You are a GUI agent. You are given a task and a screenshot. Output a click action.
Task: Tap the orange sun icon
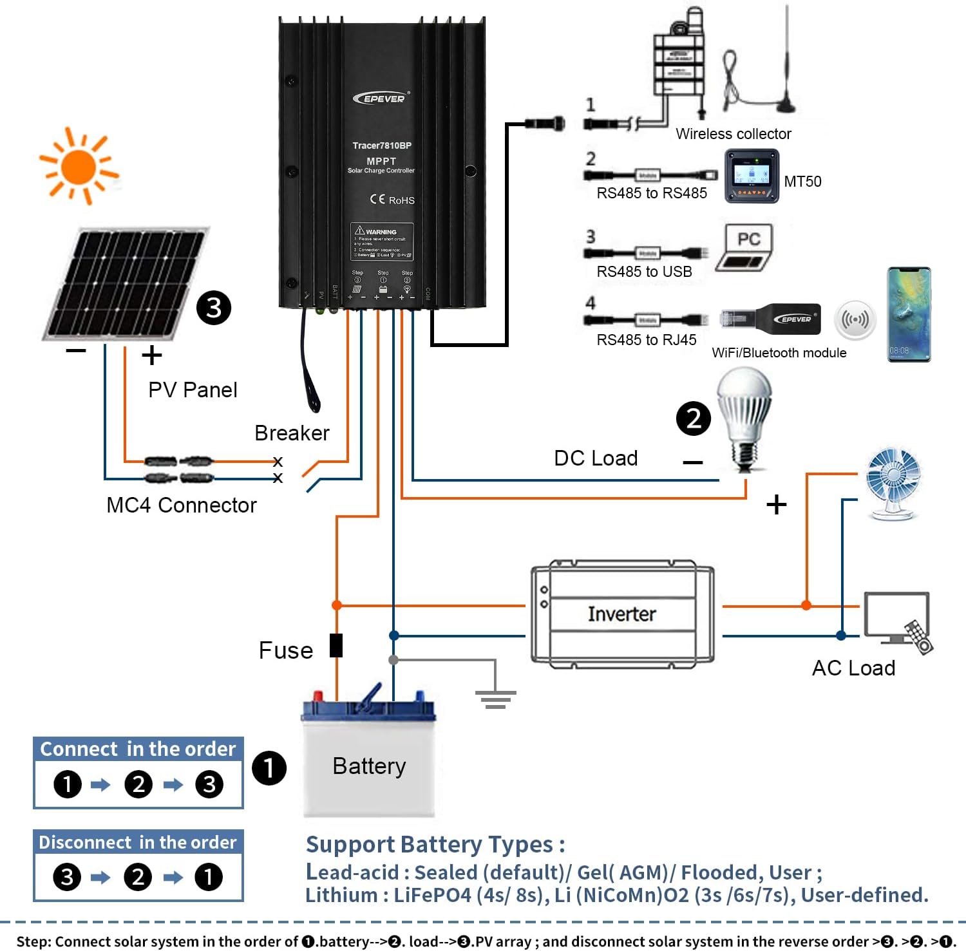[x=79, y=166]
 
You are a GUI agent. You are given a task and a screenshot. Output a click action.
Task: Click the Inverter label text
[x=621, y=614]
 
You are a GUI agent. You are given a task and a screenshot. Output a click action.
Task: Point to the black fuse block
[x=336, y=645]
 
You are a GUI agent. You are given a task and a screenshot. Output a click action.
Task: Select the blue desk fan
[x=893, y=483]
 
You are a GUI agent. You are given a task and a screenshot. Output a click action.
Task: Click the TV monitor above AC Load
[x=896, y=617]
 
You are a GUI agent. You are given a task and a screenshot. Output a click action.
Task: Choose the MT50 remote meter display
[x=752, y=176]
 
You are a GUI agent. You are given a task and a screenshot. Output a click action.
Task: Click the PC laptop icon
[x=744, y=248]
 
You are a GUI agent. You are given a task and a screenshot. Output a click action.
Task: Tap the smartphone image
[x=909, y=315]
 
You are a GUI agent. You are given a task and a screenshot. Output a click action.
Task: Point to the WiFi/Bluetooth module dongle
[x=772, y=319]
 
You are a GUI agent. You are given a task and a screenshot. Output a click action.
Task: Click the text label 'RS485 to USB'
[x=644, y=272]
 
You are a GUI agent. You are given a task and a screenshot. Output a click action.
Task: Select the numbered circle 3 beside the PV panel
[x=214, y=308]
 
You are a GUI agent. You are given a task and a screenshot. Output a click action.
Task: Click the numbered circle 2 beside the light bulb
[x=693, y=419]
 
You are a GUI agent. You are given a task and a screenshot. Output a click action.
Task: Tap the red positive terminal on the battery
[x=317, y=697]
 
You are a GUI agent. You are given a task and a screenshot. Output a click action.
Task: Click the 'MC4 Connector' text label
[x=181, y=505]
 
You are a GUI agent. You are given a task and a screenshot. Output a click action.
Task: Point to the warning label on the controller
[x=382, y=242]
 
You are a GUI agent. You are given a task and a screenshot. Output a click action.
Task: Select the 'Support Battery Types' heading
[x=435, y=844]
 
